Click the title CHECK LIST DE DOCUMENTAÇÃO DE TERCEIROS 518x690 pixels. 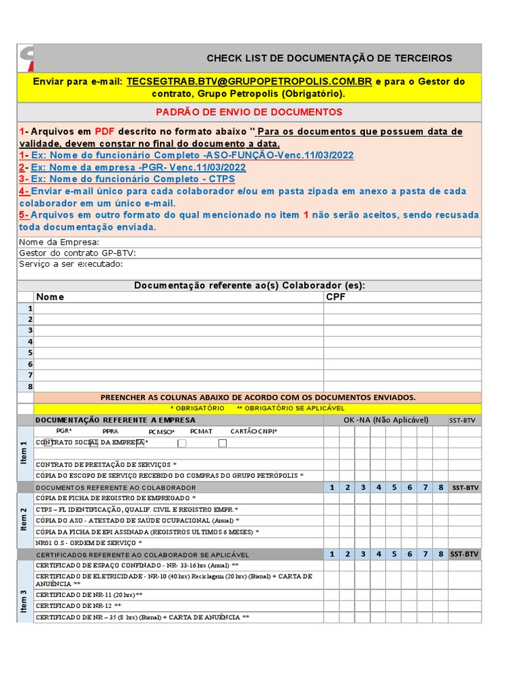click(329, 59)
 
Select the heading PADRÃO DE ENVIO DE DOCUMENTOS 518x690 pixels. click(249, 112)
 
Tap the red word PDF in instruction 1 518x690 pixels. click(105, 131)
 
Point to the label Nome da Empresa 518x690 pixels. click(59, 242)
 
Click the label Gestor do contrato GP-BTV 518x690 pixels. click(78, 253)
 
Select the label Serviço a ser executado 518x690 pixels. click(71, 263)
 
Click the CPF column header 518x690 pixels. click(335, 296)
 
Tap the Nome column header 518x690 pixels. click(51, 296)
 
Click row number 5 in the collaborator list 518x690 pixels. click(30, 352)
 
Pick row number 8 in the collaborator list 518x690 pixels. click(30, 386)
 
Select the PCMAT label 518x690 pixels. click(201, 431)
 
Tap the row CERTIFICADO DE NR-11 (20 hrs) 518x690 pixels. click(89, 595)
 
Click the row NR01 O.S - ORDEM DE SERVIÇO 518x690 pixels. click(89, 542)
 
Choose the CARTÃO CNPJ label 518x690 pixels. click(254, 431)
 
